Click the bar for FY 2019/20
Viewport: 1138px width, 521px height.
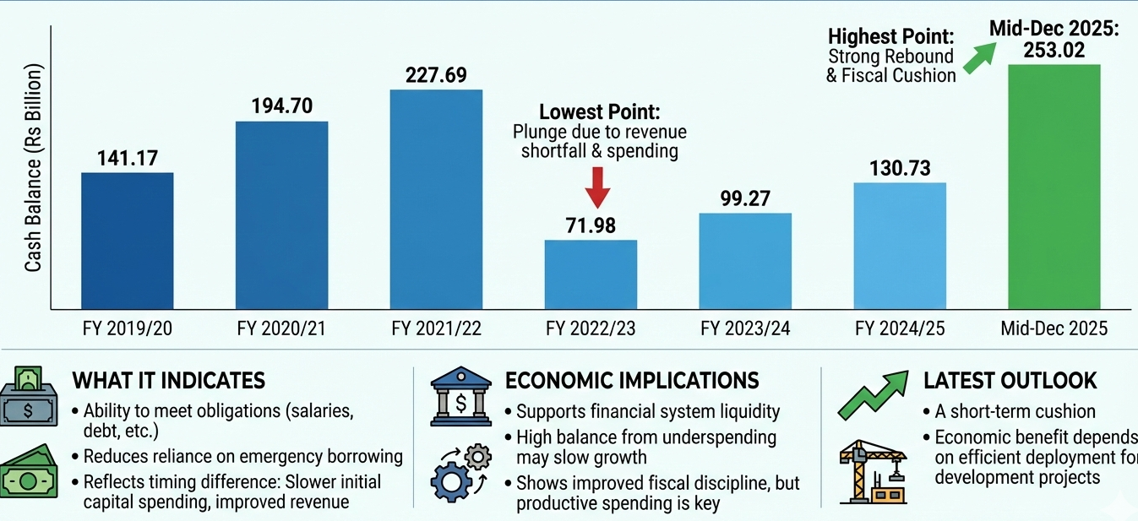(x=128, y=241)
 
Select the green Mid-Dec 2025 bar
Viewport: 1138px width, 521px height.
(x=1054, y=187)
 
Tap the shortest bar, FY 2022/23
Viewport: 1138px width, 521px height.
(x=591, y=274)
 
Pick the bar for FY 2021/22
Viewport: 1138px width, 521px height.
(x=436, y=199)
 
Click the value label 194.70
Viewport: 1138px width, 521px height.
(x=282, y=106)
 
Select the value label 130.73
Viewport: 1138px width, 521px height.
(x=900, y=168)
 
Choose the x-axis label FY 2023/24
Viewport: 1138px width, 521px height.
(x=745, y=329)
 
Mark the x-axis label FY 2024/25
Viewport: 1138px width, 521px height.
(x=900, y=329)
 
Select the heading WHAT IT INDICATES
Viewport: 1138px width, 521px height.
(x=169, y=380)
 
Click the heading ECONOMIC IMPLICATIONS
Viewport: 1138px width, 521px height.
(x=632, y=380)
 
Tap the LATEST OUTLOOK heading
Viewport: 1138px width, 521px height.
(x=1010, y=380)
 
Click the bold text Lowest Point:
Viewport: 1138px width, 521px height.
(x=599, y=112)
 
